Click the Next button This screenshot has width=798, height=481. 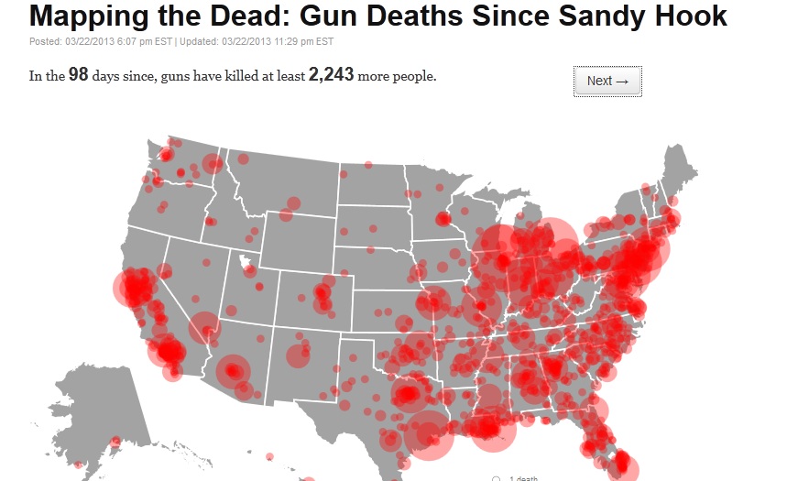607,81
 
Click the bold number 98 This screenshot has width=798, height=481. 78,75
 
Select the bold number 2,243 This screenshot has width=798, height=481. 331,75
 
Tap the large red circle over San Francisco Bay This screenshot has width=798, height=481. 134,288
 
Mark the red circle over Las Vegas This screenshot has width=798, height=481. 204,328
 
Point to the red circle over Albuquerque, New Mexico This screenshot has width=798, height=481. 300,355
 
